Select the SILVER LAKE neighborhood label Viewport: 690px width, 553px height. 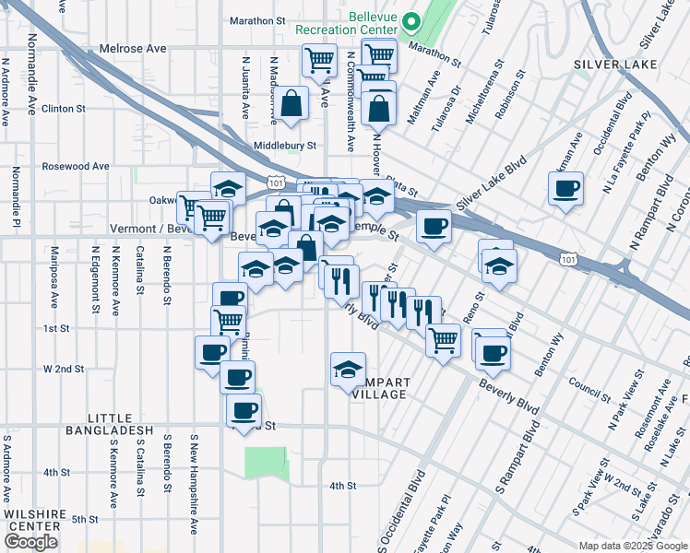point(614,65)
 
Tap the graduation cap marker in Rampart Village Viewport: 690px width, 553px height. point(347,371)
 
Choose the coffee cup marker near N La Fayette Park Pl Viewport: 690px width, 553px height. point(565,191)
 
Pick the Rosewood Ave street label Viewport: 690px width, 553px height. point(76,167)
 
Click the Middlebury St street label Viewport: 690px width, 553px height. point(285,146)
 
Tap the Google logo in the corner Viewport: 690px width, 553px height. point(30,542)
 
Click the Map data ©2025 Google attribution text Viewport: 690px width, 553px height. point(633,546)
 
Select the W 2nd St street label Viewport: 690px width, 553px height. point(64,368)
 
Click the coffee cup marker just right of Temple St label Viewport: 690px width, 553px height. point(433,227)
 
